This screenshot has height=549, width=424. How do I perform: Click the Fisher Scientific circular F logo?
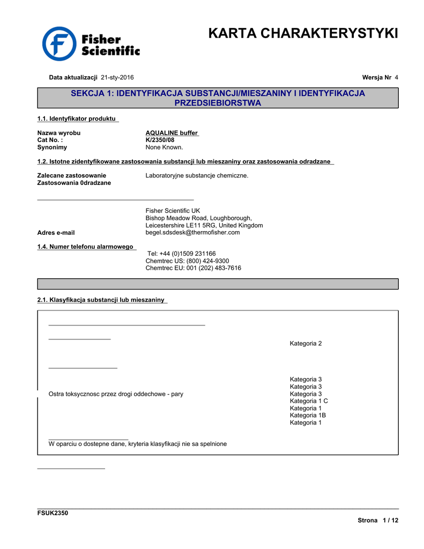(59, 43)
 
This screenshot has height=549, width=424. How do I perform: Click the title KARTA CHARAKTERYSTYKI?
(303, 34)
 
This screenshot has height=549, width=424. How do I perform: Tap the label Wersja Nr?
(377, 78)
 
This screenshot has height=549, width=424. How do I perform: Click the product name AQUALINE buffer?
(172, 133)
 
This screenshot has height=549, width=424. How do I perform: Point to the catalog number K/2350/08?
(160, 140)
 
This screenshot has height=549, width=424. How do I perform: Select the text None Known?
(164, 147)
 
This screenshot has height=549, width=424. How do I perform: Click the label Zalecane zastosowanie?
(71, 175)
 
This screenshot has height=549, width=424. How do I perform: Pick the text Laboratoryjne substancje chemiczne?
(197, 175)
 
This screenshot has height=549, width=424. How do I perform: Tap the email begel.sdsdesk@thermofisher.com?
(192, 233)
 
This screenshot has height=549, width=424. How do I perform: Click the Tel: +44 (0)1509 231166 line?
(181, 254)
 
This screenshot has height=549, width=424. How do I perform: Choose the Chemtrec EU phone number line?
(193, 268)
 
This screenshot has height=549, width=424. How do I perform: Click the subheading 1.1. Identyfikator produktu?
(77, 118)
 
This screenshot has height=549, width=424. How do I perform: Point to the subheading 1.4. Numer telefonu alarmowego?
(86, 247)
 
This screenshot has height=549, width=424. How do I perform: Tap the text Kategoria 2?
(306, 344)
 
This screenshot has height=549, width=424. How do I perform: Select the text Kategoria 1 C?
(309, 401)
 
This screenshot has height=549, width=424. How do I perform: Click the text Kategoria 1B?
(308, 416)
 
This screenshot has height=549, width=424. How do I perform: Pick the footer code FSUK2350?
(53, 513)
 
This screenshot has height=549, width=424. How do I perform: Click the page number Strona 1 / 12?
(378, 521)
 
